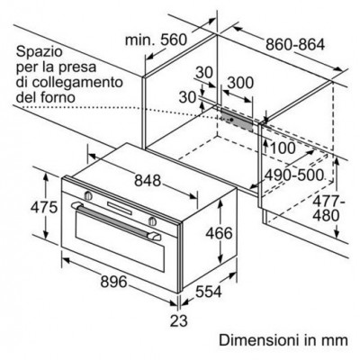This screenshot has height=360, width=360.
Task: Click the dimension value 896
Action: (114, 282)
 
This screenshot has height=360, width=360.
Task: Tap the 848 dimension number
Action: (148, 181)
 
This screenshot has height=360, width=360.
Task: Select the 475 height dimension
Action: (44, 207)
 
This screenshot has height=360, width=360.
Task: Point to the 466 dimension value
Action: (219, 233)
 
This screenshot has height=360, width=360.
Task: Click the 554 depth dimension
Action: (209, 292)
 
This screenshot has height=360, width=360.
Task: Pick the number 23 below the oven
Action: (179, 320)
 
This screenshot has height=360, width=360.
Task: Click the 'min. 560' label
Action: (156, 40)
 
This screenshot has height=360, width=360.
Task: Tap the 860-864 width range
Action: (295, 45)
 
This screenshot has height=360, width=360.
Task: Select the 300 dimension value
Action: (240, 83)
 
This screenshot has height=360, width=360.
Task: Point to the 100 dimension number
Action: (283, 148)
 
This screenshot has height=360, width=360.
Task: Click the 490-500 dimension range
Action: (294, 175)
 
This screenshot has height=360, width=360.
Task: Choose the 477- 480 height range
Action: (328, 208)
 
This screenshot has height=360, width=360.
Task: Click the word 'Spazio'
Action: (39, 52)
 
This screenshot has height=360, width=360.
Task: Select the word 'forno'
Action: (58, 97)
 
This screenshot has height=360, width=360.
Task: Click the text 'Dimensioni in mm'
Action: (283, 340)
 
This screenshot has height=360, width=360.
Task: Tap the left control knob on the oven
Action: (88, 195)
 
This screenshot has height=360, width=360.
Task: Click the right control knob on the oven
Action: (152, 221)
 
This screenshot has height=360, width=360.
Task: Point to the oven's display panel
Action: (120, 209)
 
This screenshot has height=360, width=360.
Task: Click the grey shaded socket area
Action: (237, 119)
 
